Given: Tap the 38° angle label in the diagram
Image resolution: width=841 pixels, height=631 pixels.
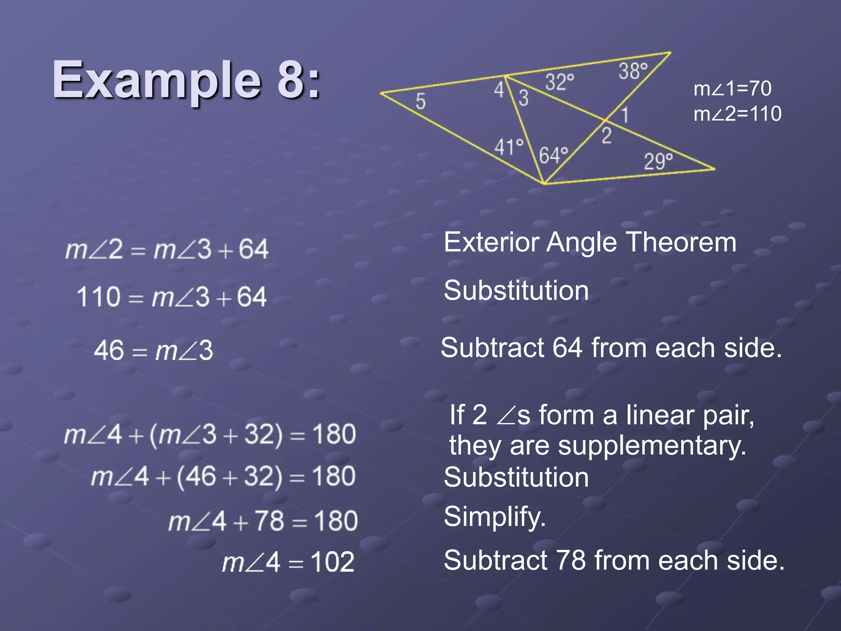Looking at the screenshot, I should pyautogui.click(x=633, y=71).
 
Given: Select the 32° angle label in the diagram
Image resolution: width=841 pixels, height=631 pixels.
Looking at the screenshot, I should pyautogui.click(x=559, y=82).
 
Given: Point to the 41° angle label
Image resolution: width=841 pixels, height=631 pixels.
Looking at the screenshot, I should pyautogui.click(x=509, y=147).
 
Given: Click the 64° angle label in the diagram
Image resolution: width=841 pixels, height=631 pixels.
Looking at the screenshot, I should pyautogui.click(x=553, y=155).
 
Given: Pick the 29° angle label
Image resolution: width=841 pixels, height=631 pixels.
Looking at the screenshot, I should pyautogui.click(x=658, y=161).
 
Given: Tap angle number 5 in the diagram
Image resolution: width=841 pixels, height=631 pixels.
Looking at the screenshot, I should pyautogui.click(x=420, y=101).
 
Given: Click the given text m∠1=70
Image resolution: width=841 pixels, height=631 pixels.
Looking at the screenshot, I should pyautogui.click(x=732, y=89).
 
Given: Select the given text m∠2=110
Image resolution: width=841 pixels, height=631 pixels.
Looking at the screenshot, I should pyautogui.click(x=737, y=114).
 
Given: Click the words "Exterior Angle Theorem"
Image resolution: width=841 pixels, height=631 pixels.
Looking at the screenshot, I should pyautogui.click(x=590, y=242).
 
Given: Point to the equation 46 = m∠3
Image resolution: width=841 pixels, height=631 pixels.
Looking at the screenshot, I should pyautogui.click(x=153, y=350).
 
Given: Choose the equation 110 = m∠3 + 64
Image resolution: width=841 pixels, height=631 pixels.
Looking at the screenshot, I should pyautogui.click(x=172, y=297).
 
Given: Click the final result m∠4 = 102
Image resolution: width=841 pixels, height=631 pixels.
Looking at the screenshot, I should pyautogui.click(x=288, y=562).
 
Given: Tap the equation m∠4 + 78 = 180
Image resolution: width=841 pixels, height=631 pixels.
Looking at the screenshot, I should pyautogui.click(x=263, y=521).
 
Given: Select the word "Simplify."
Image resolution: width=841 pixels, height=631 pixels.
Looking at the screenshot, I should pyautogui.click(x=494, y=516).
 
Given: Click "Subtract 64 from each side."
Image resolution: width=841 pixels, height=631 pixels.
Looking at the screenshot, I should pyautogui.click(x=611, y=348).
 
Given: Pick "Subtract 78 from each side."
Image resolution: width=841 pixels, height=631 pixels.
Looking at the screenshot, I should pyautogui.click(x=614, y=560).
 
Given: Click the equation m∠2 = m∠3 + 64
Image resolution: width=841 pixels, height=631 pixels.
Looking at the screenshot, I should pyautogui.click(x=167, y=249).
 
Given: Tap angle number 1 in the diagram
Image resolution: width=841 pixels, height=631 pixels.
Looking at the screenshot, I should pyautogui.click(x=625, y=115).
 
